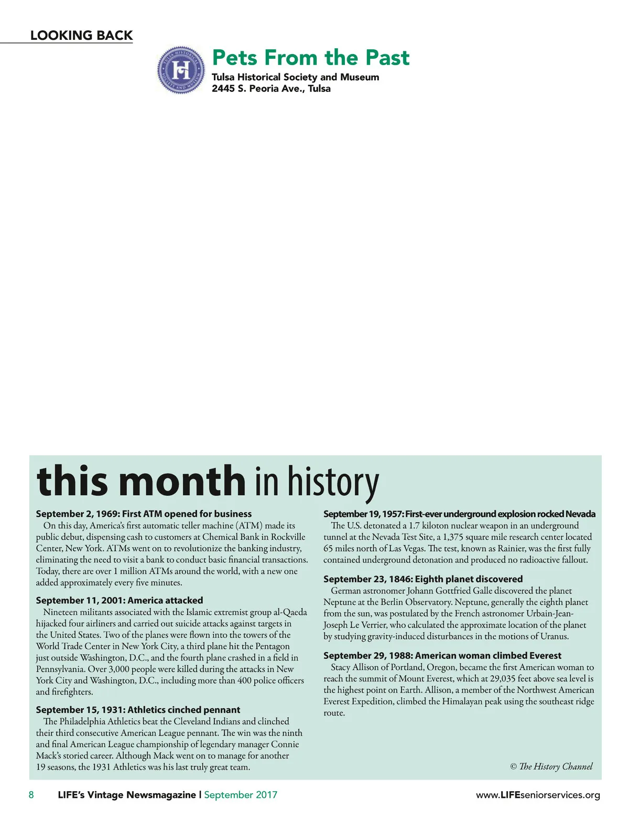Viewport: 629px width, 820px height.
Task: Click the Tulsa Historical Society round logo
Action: click(x=181, y=70)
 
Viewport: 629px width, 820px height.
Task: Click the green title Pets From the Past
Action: click(x=310, y=57)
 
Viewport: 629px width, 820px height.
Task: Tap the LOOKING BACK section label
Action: click(x=81, y=35)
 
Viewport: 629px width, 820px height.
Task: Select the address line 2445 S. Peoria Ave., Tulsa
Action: click(x=271, y=89)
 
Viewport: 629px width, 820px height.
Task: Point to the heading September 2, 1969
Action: click(x=144, y=514)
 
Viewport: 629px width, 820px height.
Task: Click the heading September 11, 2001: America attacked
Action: click(x=120, y=600)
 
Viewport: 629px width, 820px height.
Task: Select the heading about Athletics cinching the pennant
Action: click(x=138, y=710)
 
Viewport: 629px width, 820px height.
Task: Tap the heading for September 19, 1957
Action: click(x=459, y=514)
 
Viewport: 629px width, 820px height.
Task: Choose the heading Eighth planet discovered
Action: click(x=423, y=579)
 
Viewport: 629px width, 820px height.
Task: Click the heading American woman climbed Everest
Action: click(x=442, y=655)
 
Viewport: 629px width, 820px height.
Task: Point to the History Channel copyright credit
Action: click(x=551, y=766)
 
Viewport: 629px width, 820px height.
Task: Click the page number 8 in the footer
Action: click(x=31, y=795)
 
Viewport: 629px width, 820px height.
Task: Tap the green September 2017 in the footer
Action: click(x=241, y=795)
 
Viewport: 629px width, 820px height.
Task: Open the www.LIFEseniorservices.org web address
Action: click(x=538, y=795)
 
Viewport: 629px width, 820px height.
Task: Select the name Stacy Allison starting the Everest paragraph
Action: click(x=354, y=667)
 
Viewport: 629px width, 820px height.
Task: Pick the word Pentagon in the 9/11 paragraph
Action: click(x=272, y=646)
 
